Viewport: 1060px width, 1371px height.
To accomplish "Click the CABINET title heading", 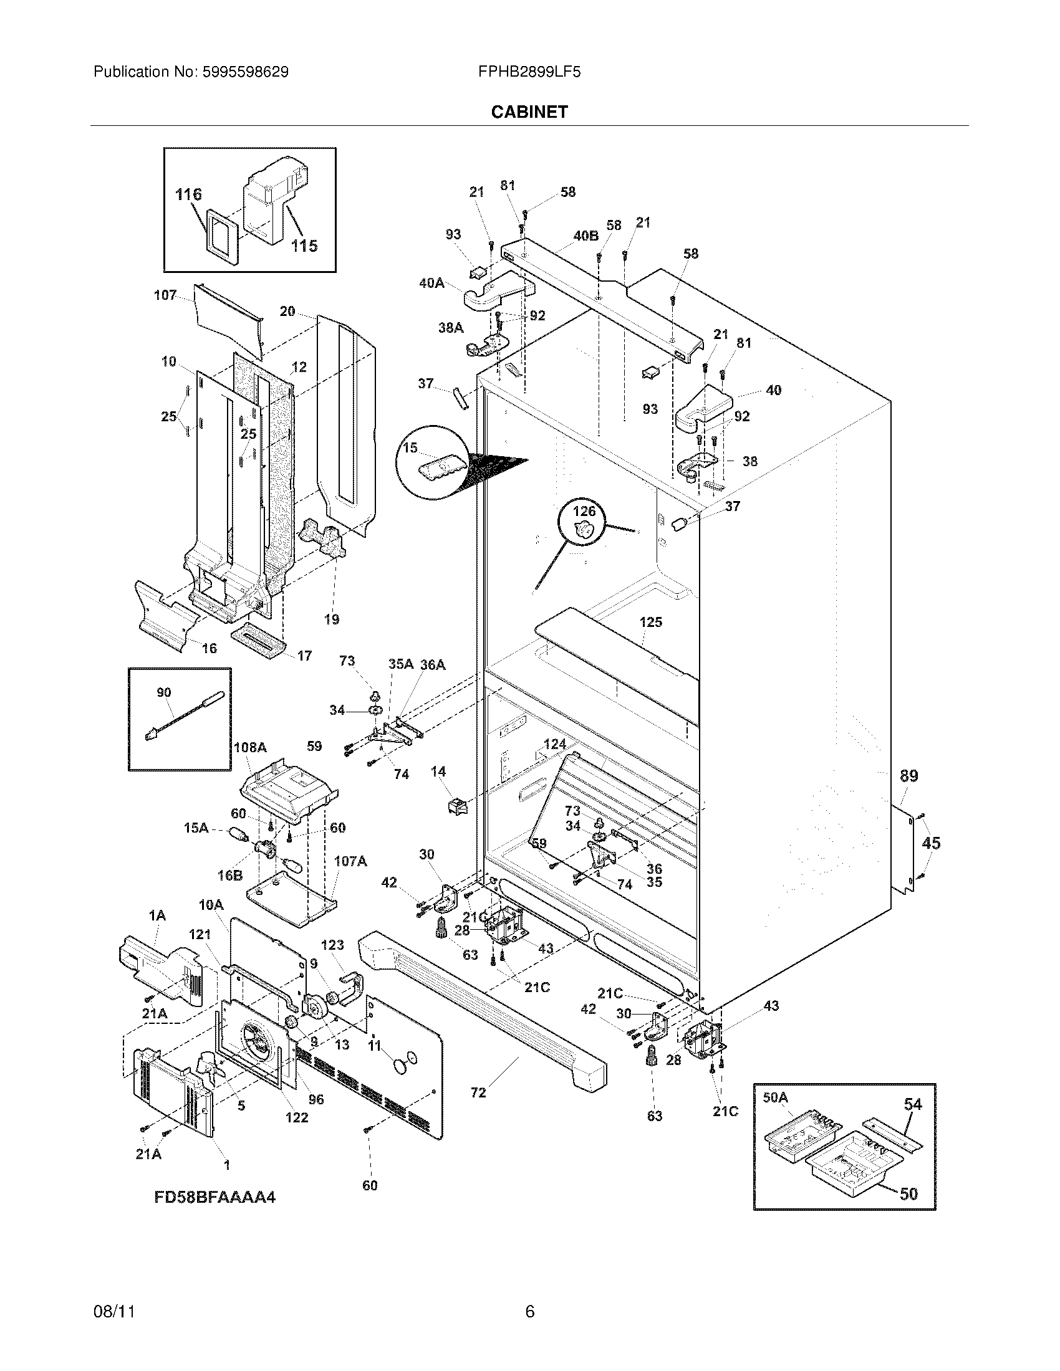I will coord(529,112).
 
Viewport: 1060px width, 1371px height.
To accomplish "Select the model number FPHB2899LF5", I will coord(529,72).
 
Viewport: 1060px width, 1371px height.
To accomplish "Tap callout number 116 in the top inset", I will coord(188,194).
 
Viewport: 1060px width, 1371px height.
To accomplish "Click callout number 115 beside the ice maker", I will coord(304,246).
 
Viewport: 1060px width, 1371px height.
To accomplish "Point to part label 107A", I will coord(350,861).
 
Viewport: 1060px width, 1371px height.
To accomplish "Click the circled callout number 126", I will coord(584,512).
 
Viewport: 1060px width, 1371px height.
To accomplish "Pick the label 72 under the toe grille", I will coord(478,1093).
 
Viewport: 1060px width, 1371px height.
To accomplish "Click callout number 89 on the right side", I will coord(908,776).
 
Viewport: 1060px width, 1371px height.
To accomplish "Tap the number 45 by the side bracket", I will coord(931,843).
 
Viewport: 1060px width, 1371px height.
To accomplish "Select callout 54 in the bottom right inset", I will coord(912,1104).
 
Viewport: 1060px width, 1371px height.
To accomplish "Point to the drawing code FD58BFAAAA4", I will coord(214,1197).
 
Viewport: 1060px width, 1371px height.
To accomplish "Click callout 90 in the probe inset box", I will coord(163,692).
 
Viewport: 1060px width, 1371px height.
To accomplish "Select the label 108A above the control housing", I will coord(250,747).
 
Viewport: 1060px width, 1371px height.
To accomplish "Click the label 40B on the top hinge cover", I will coord(585,236).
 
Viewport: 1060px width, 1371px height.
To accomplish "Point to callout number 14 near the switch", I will coord(438,771).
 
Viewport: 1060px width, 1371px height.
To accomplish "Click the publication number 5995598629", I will coord(246,72).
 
